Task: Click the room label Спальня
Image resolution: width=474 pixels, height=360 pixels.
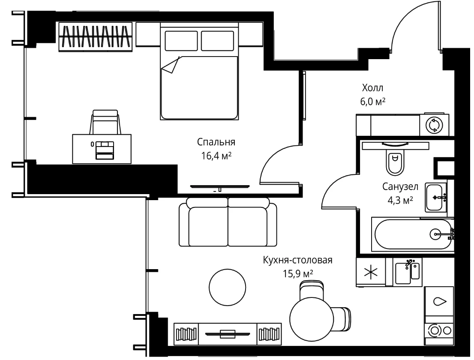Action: [216, 142]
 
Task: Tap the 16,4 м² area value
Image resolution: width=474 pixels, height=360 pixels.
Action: [216, 156]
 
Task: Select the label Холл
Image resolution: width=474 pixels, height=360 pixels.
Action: [372, 88]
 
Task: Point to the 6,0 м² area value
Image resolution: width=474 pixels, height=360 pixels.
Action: [372, 102]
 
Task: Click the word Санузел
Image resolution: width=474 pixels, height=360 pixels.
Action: [400, 186]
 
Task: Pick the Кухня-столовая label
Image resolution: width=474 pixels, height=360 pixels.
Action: [297, 260]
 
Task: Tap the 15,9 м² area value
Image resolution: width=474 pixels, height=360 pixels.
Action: [298, 273]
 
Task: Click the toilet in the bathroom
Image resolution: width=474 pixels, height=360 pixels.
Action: [395, 163]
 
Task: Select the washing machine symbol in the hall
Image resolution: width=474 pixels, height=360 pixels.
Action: [434, 125]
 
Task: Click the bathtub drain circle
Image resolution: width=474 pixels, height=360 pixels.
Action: [435, 234]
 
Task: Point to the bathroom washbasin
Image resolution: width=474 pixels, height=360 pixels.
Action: [435, 198]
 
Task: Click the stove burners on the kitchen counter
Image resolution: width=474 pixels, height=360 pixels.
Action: [439, 330]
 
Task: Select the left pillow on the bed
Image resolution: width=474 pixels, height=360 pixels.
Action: [181, 41]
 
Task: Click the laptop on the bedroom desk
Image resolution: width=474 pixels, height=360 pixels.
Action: [105, 150]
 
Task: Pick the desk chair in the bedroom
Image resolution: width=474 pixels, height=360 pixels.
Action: [105, 122]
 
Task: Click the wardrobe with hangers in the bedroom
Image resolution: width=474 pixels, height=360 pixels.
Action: [96, 36]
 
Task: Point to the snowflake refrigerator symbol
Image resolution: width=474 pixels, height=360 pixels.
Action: [371, 272]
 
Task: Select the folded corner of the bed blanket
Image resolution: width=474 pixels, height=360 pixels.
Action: [171, 65]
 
